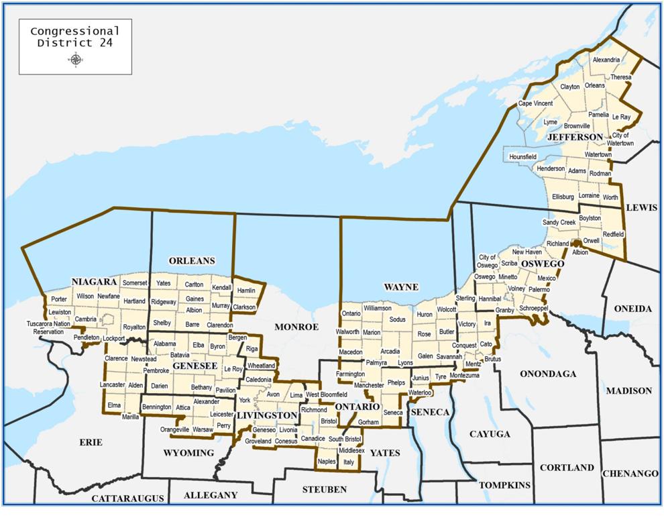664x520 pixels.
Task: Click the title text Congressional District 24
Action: click(75, 37)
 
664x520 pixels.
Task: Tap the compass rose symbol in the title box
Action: click(75, 60)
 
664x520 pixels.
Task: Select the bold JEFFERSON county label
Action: click(575, 137)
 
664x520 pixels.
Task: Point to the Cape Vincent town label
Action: click(535, 103)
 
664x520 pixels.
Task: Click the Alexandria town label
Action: click(606, 60)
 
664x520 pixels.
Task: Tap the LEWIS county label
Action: click(641, 208)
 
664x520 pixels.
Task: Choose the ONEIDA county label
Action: click(632, 309)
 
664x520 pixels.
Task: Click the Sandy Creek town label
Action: click(559, 222)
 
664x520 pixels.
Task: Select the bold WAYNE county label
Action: click(400, 287)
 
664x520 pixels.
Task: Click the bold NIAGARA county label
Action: click(94, 281)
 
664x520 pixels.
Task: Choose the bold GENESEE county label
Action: click(195, 366)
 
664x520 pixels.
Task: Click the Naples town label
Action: click(327, 462)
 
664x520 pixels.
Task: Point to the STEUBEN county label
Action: click(324, 490)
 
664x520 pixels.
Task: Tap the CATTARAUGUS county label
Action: click(127, 499)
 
